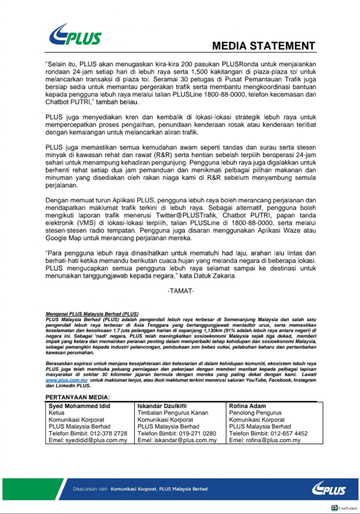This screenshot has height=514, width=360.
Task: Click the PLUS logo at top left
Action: pyautogui.click(x=75, y=34)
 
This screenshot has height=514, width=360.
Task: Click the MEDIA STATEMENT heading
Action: pyautogui.click(x=263, y=46)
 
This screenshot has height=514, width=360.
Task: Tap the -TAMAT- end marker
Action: pyautogui.click(x=180, y=291)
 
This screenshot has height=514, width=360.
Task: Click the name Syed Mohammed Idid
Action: pyautogui.click(x=79, y=406)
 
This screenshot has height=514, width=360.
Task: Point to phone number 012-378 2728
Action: pyautogui.click(x=110, y=433)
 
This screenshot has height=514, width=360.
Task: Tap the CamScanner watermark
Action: pyautogui.click(x=343, y=508)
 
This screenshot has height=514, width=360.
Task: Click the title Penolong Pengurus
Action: pyautogui.click(x=255, y=413)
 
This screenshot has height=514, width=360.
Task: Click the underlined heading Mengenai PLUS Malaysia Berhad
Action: pyautogui.click(x=91, y=313)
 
